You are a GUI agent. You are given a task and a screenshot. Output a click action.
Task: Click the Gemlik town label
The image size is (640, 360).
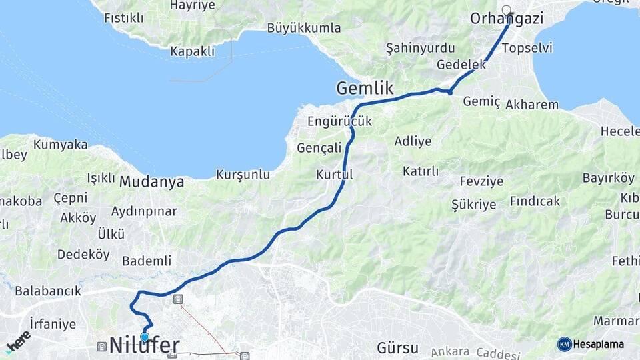[365, 88]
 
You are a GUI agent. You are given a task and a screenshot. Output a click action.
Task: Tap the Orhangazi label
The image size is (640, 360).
[506, 19]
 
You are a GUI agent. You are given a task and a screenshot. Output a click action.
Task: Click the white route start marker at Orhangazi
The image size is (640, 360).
[507, 10]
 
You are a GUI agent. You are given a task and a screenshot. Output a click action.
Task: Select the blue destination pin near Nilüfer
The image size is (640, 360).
[145, 337]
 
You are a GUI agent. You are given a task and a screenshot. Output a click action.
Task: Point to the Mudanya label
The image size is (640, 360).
[151, 181]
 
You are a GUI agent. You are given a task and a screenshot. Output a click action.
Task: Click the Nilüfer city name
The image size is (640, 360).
[144, 345]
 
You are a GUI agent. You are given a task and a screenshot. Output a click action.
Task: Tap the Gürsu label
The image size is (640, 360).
[397, 347]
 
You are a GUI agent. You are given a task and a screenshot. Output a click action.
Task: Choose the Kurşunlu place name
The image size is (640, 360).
[243, 175]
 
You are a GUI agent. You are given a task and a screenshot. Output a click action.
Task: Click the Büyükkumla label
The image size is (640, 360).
[303, 28]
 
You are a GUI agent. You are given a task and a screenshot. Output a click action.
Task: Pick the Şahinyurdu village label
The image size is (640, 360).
[420, 48]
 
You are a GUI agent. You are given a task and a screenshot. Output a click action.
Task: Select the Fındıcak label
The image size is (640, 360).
[535, 201]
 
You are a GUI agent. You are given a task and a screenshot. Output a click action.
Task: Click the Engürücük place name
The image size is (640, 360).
[339, 121]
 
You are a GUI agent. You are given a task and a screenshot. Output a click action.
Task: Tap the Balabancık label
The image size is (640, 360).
[48, 291]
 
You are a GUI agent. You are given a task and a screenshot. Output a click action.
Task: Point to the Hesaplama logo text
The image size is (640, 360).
[598, 344]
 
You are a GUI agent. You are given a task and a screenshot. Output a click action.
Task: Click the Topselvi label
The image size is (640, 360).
[527, 48]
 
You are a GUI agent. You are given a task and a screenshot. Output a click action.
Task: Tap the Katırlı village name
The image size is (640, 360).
[421, 171]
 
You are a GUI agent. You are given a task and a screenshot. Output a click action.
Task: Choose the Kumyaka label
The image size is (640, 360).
[60, 144]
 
